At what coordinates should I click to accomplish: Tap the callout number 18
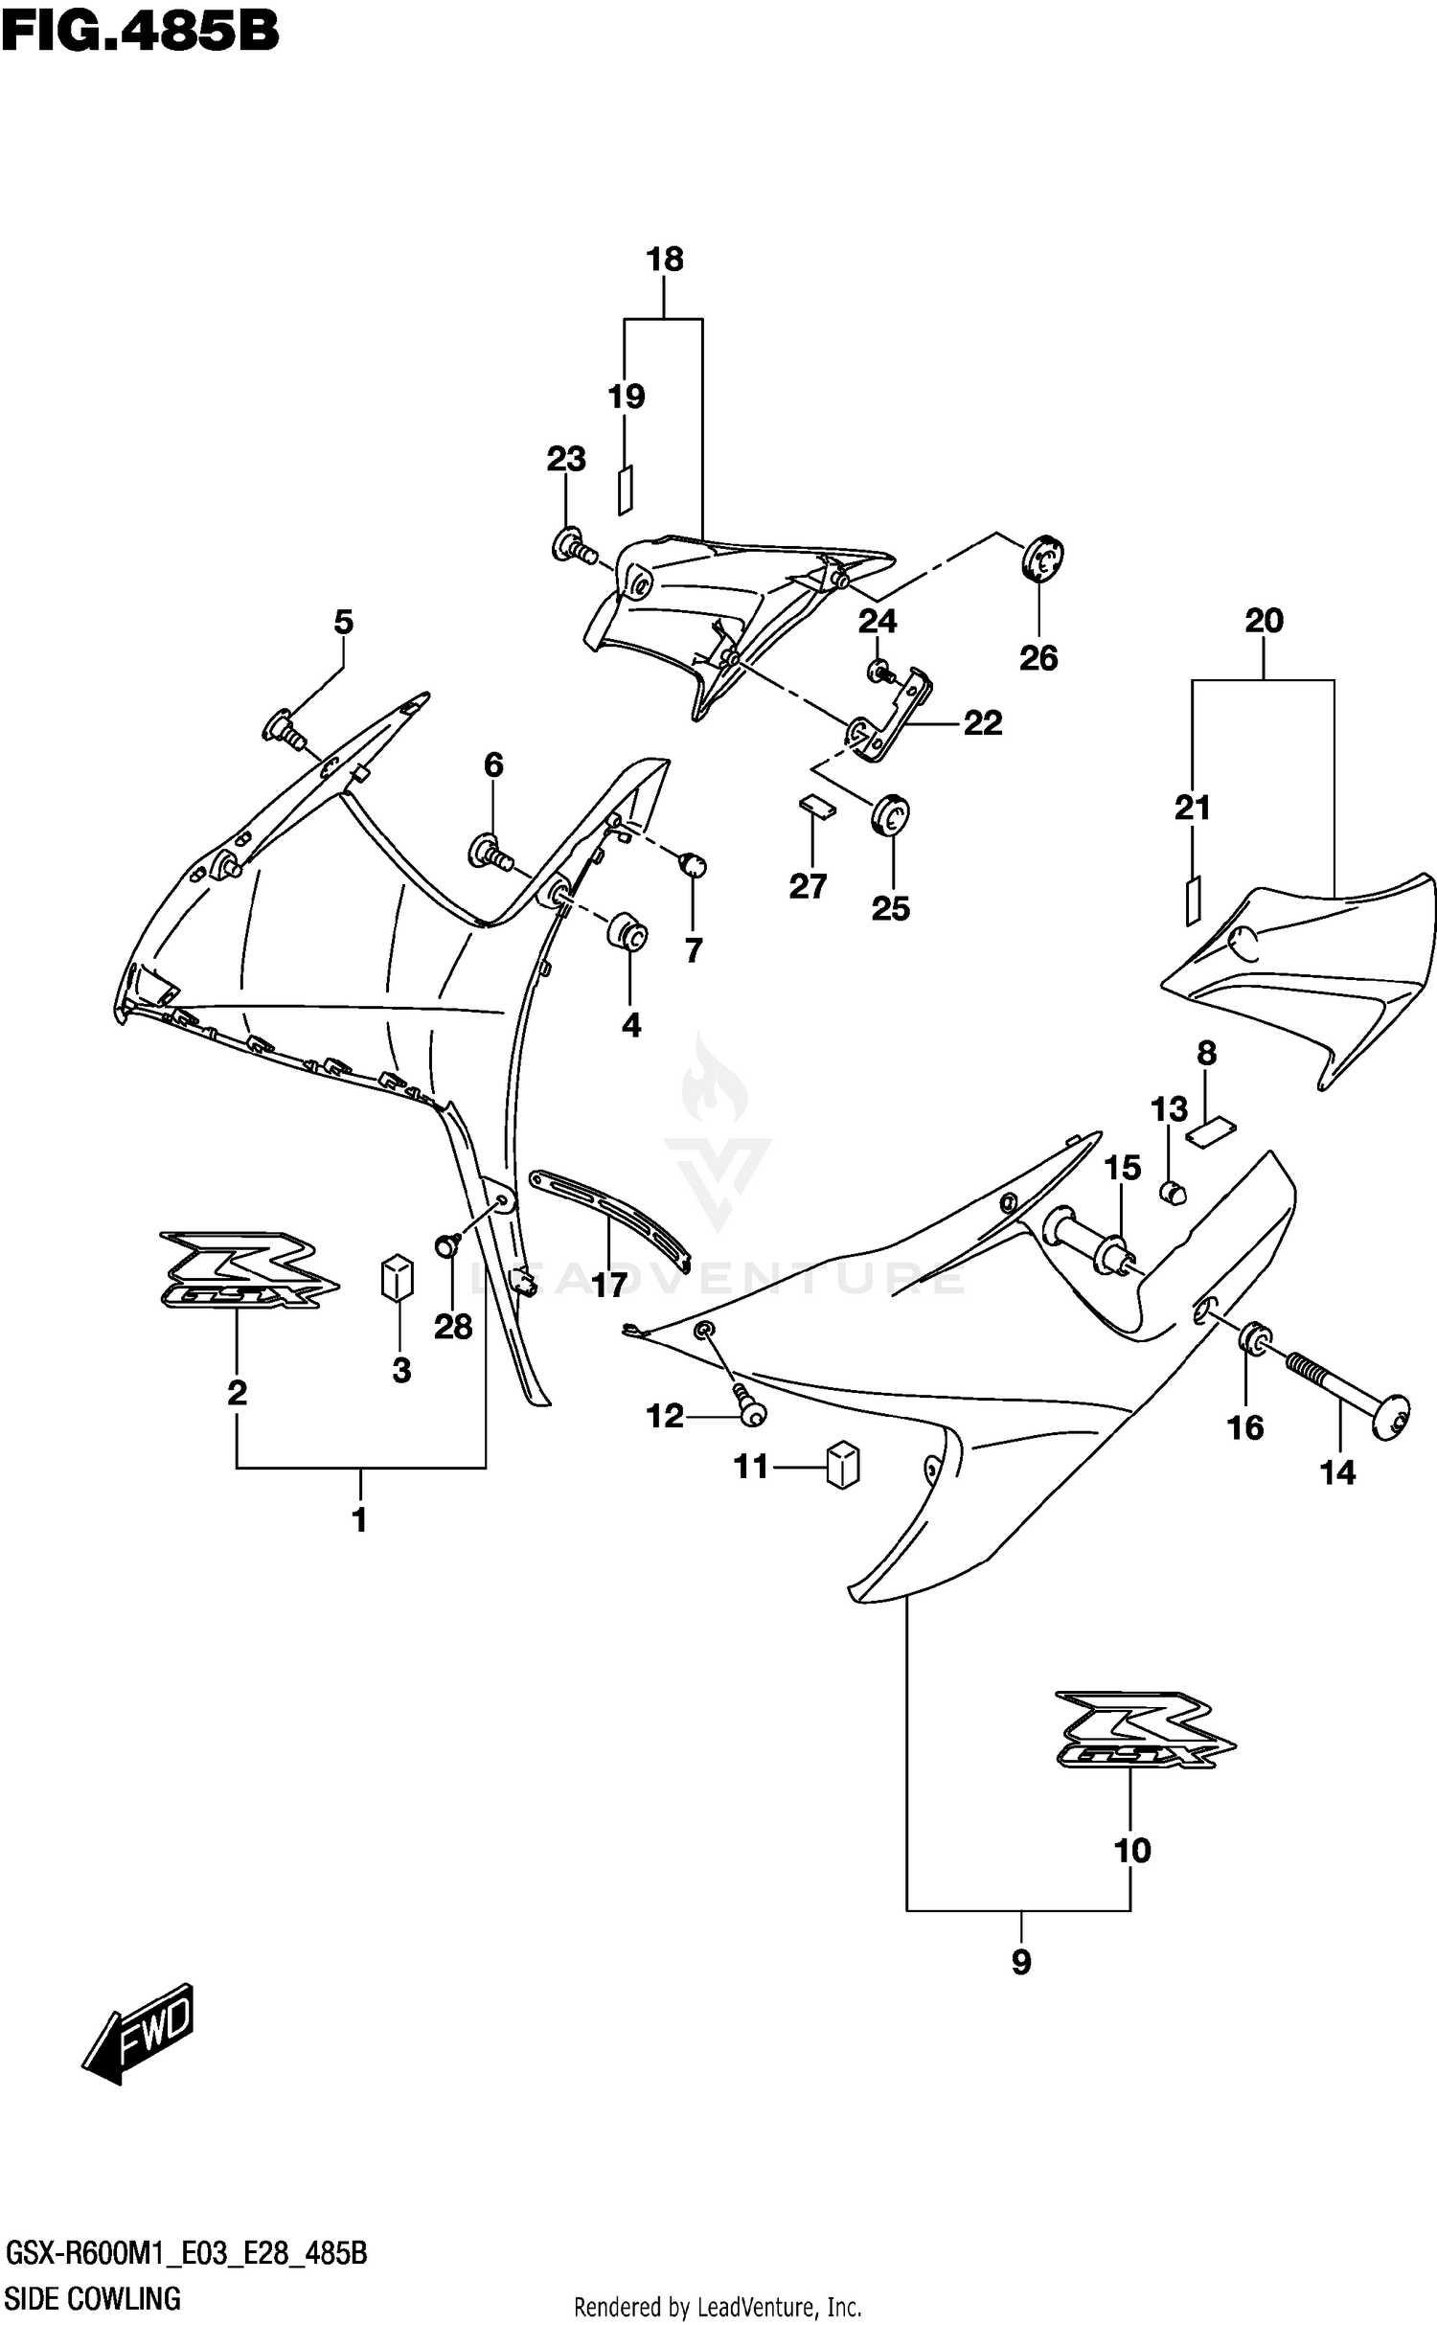(x=665, y=260)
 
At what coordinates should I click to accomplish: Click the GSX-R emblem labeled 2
(x=248, y=1268)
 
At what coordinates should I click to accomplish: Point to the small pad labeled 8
(x=1211, y=1133)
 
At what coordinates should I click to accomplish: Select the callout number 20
(x=1263, y=621)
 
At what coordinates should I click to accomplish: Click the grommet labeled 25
(x=891, y=815)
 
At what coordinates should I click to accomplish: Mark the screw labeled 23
(x=573, y=547)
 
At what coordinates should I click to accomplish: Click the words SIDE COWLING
(x=94, y=2297)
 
